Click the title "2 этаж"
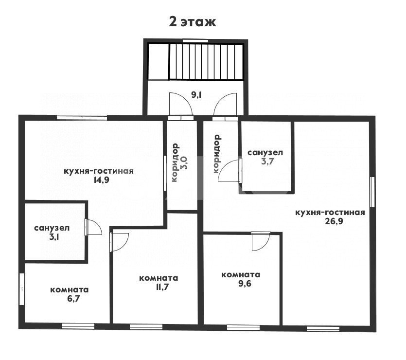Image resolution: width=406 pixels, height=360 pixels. coord(193,22)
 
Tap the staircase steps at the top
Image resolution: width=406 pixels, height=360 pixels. coord(206,62)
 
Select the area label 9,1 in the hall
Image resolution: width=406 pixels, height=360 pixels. coord(196,95)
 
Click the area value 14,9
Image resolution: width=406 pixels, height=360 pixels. coord(101,180)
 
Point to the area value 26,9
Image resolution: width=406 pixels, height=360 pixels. coord(334,221)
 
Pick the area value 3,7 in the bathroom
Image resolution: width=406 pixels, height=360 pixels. coord(267,162)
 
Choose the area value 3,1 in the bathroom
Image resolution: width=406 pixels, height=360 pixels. coord(54,237)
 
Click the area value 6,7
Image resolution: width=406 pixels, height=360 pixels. coord(73,299)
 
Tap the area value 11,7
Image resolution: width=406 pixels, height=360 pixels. coord(162,287)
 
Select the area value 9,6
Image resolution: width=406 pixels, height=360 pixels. coord(245,283)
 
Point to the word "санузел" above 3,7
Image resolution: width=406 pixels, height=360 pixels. coord(265,153)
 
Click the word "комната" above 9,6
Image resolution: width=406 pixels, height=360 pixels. coord(241,274)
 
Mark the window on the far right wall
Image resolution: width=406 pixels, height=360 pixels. coord(372,192)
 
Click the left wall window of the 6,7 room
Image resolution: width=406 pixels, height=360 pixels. coord(22,289)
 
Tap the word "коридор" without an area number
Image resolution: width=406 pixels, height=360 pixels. coord(216,154)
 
